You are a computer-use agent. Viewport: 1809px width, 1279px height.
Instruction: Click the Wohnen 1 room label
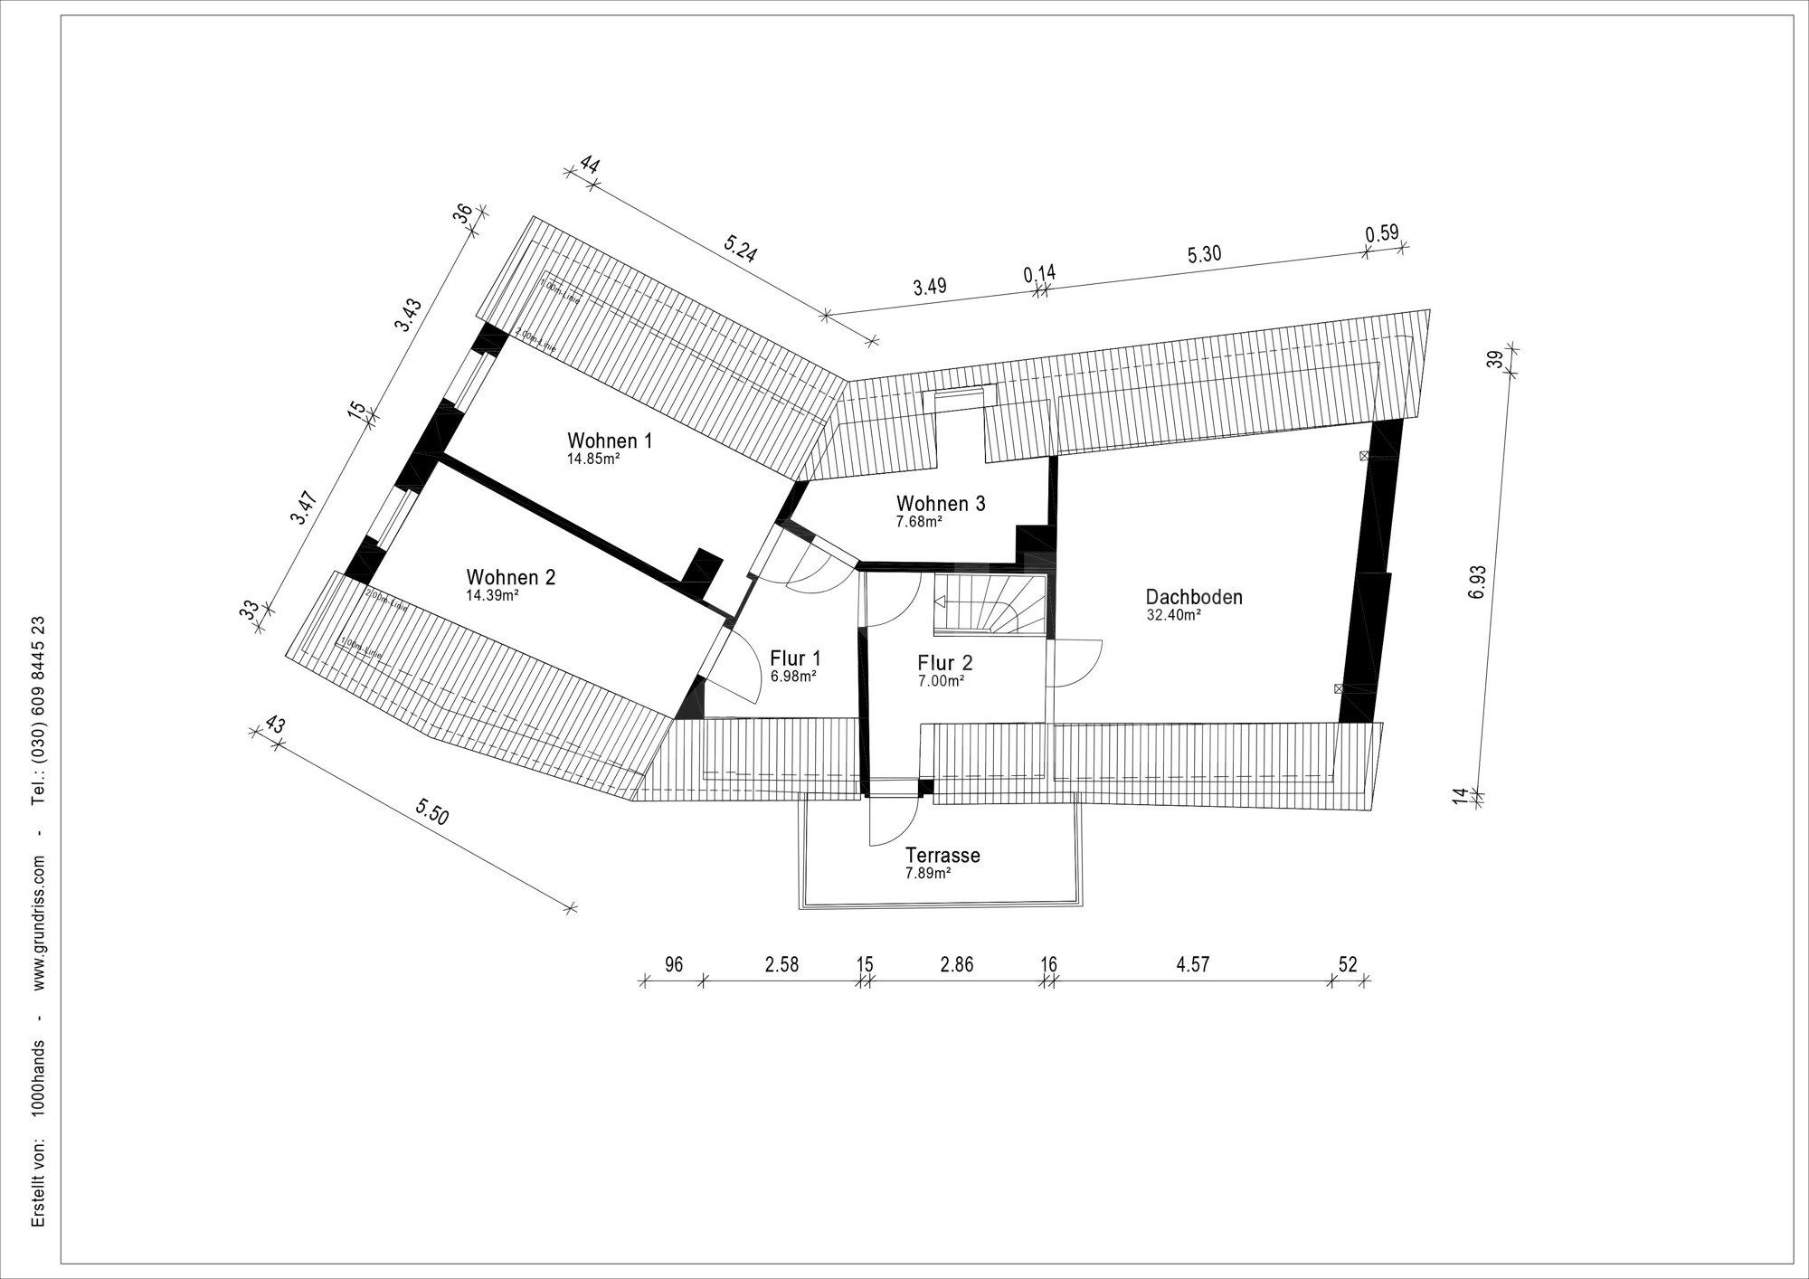click(610, 441)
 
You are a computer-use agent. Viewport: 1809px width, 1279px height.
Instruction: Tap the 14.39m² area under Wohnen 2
click(492, 596)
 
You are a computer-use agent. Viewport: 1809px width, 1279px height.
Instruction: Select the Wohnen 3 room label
click(941, 504)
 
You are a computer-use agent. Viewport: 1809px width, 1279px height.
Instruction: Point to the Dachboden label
click(1194, 597)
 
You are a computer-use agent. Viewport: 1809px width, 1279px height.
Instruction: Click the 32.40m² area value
click(1173, 615)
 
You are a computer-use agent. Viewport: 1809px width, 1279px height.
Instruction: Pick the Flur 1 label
click(795, 658)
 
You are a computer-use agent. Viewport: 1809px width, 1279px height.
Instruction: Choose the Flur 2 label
click(944, 663)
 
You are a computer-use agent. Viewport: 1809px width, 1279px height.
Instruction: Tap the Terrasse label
click(942, 856)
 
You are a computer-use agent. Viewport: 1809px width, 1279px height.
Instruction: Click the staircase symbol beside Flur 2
click(990, 603)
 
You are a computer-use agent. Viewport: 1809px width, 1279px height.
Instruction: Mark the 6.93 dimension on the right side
click(1477, 582)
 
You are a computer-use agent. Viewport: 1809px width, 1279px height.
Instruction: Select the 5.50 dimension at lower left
click(432, 813)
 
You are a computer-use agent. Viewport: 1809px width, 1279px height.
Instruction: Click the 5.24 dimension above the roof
click(741, 249)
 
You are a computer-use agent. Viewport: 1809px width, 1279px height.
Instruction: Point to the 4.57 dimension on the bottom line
click(1192, 964)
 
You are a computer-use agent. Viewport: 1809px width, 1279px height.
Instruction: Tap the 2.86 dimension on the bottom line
click(956, 964)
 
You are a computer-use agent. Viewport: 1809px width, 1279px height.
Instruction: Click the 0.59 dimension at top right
click(1381, 234)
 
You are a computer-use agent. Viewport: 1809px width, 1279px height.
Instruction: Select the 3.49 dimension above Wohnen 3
click(930, 287)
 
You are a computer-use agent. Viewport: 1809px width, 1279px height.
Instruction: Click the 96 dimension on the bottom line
click(673, 964)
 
